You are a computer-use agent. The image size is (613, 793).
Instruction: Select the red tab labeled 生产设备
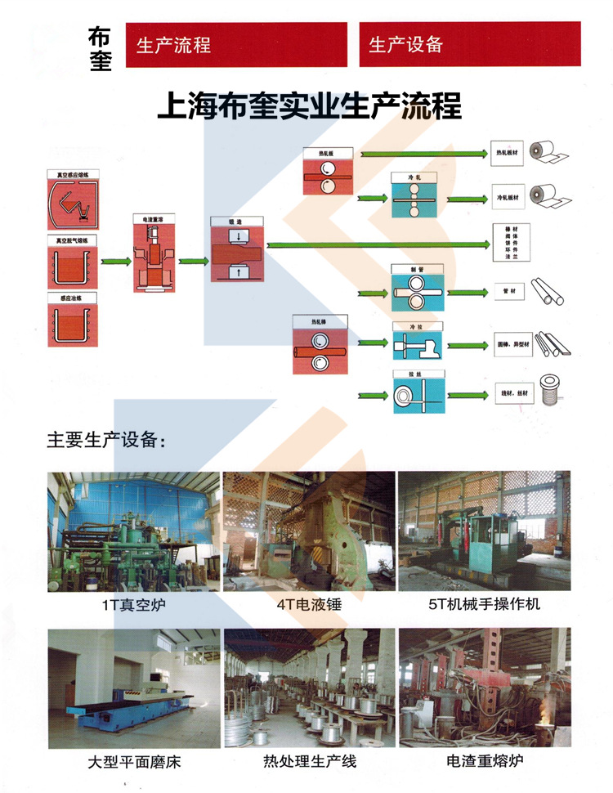point(470,44)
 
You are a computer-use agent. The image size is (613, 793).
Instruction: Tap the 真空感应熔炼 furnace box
point(73,201)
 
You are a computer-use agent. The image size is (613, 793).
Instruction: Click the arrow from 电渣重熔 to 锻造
point(192,261)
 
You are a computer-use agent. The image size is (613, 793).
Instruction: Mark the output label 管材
point(506,289)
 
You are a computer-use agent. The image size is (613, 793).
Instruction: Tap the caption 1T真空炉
point(133,606)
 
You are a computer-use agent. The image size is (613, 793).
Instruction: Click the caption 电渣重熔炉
point(485,761)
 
